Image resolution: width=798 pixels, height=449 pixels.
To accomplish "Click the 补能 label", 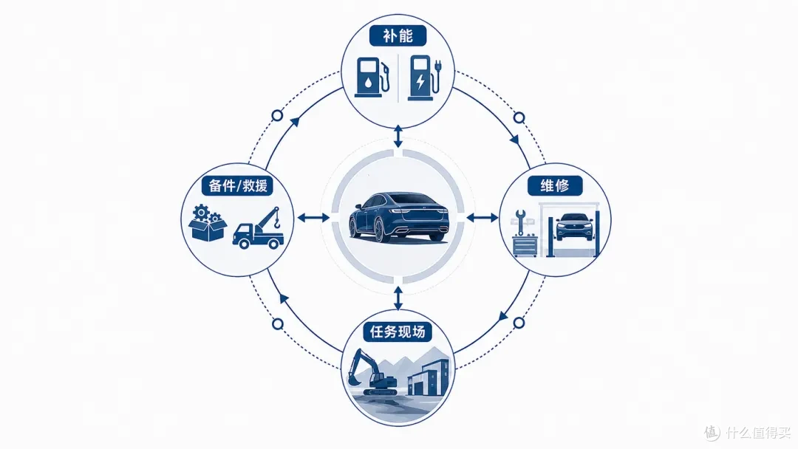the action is click(398, 35).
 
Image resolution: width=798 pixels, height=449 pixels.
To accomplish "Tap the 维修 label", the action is click(555, 185).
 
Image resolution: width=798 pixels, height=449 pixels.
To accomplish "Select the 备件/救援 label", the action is click(238, 185).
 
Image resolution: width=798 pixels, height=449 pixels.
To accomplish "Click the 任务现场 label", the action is click(398, 332).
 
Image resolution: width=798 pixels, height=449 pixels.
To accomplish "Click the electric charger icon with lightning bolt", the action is click(425, 78).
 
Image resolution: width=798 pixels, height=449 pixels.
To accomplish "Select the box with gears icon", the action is click(207, 223).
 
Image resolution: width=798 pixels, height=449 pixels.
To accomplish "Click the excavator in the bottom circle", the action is click(372, 371).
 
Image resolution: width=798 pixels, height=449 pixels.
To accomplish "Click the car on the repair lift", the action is click(575, 226).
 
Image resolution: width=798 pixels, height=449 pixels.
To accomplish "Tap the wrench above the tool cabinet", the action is click(519, 222).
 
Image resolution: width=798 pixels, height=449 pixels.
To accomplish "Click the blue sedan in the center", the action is click(399, 217).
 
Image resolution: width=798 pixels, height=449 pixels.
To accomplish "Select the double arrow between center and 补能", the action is click(398, 137).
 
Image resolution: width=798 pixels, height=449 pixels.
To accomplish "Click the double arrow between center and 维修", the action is click(482, 218).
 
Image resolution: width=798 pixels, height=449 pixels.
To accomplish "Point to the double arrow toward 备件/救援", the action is click(313, 218).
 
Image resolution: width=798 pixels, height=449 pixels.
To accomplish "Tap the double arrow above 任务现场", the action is click(398, 298).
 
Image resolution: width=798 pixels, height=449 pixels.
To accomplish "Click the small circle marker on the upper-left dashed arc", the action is click(277, 115).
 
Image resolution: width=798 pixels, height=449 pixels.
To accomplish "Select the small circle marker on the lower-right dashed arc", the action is click(519, 323).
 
